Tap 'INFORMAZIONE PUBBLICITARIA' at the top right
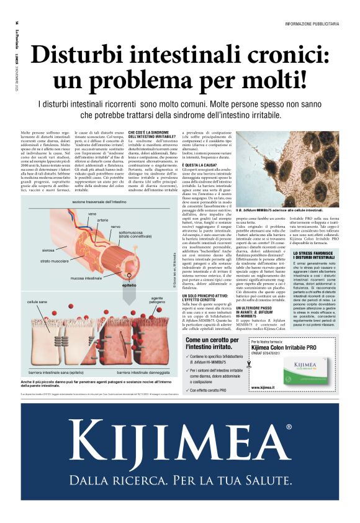[312, 24]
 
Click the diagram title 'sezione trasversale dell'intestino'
[99, 202]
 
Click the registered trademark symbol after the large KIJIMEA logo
[288, 427]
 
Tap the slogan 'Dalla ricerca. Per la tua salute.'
[180, 481]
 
